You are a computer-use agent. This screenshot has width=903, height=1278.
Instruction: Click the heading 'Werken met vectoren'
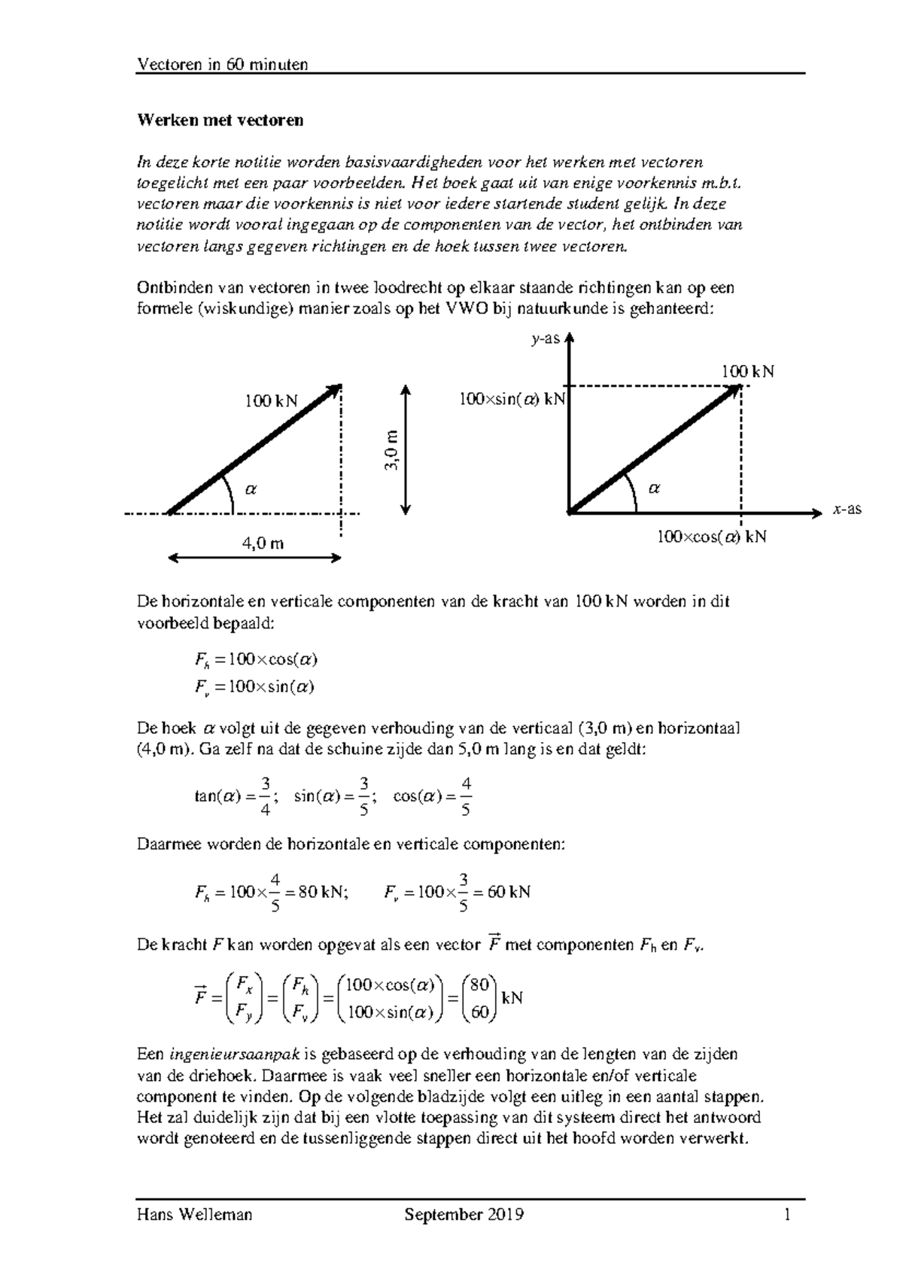pos(220,120)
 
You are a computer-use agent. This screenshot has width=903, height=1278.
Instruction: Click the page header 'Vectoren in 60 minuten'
pos(222,65)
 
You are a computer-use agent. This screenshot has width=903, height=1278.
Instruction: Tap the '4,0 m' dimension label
pos(263,543)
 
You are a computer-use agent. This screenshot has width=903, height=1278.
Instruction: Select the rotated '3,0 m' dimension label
pos(391,450)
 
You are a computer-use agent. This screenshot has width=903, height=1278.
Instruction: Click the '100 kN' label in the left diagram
pos(270,401)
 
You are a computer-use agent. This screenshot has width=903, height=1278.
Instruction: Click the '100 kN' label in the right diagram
pos(747,371)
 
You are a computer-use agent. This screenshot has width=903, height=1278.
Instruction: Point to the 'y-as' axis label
pos(546,339)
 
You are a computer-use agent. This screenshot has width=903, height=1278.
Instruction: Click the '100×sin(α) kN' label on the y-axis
pos(512,400)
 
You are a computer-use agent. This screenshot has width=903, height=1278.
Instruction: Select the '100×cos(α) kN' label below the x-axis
pos(711,537)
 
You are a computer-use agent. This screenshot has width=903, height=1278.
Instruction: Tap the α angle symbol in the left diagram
pos(251,488)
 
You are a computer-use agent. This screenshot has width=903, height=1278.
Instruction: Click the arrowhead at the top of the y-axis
pos(570,338)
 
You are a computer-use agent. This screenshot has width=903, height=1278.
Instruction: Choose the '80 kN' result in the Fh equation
pos(322,892)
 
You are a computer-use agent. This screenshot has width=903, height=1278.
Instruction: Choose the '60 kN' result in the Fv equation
pos(509,892)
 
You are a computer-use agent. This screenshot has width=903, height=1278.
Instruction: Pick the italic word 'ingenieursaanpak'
pos(230,1054)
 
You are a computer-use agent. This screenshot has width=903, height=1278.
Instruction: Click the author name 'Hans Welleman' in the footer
pos(194,1215)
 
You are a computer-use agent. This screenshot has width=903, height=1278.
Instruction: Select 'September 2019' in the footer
pos(464,1215)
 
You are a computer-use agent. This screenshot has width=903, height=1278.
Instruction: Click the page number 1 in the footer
pos(787,1215)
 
